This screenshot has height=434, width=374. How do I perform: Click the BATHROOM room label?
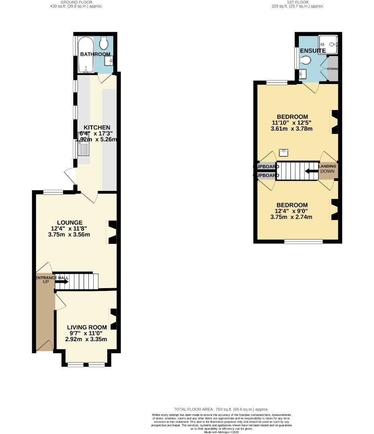[95, 54]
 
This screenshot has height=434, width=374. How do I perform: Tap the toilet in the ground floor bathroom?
[104, 43]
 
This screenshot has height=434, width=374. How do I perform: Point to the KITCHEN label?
[96, 127]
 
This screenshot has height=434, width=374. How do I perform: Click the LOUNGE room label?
[69, 223]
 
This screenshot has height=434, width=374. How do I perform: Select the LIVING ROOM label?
[87, 327]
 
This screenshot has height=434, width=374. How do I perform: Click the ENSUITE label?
[313, 51]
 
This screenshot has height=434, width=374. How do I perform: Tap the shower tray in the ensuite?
[328, 45]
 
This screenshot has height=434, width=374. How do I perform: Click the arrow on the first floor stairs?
[310, 171]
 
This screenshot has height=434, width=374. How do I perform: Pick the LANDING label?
[327, 166]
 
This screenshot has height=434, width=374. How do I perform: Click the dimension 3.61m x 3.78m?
[292, 129]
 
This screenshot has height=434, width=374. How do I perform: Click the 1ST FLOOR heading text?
[298, 2]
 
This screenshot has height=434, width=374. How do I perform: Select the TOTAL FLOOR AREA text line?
[221, 409]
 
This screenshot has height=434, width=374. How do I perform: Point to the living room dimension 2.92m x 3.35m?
[86, 339]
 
